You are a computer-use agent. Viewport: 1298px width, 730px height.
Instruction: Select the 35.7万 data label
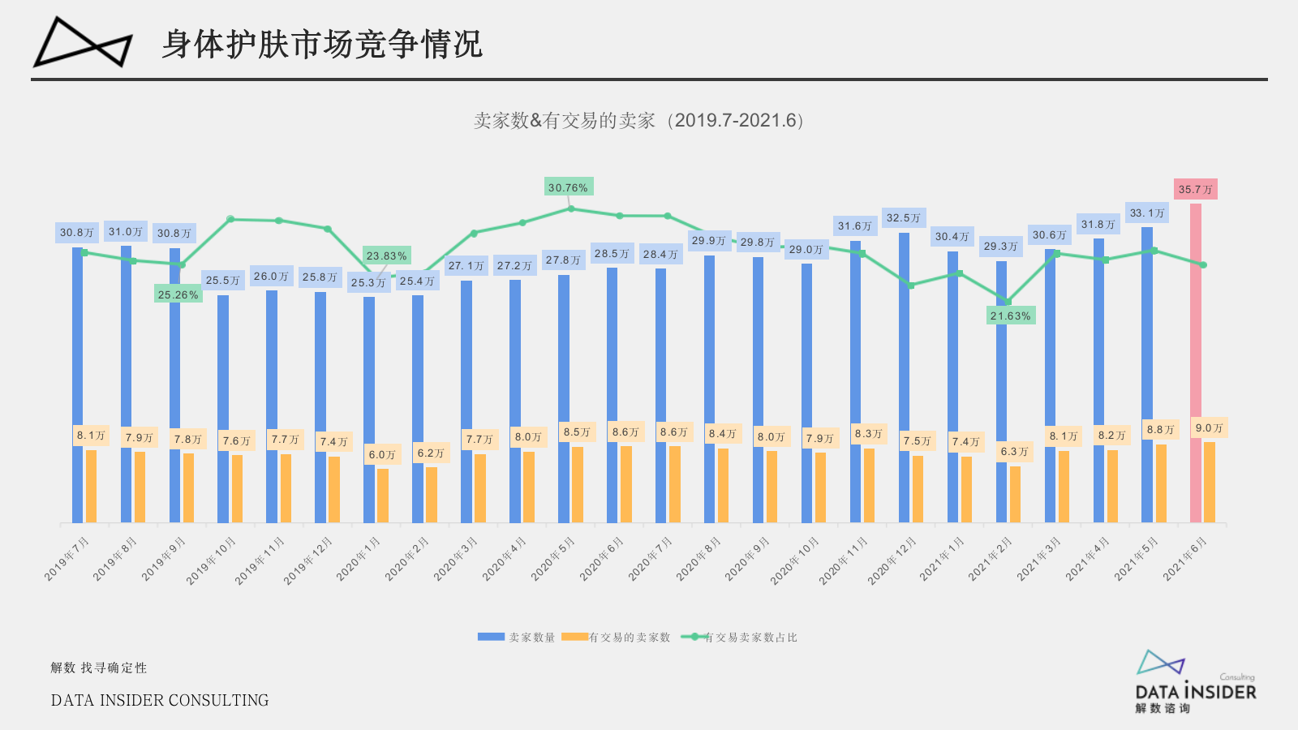(1195, 189)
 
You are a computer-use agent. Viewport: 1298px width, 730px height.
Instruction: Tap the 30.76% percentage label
(569, 187)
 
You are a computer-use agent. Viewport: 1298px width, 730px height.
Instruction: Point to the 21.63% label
(1011, 316)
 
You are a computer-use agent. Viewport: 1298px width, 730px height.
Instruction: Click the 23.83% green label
(386, 255)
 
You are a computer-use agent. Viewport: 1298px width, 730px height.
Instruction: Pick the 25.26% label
(178, 294)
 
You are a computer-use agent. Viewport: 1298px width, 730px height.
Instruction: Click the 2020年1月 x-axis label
(359, 559)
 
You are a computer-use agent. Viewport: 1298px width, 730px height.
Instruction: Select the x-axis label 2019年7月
(67, 559)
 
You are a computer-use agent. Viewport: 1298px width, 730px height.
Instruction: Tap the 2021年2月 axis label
(990, 559)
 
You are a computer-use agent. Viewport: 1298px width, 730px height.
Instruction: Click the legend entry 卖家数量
(517, 638)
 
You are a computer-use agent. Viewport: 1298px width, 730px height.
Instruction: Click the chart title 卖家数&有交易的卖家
(638, 121)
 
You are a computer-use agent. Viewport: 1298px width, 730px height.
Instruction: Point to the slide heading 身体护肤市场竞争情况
(321, 44)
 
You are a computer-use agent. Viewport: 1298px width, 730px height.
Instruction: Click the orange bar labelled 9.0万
(1209, 483)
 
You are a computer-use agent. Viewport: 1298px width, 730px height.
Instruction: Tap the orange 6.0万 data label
(382, 454)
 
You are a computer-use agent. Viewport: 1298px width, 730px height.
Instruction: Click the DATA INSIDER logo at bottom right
(1195, 681)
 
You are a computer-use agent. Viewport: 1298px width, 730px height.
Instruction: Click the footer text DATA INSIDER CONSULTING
(160, 700)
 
